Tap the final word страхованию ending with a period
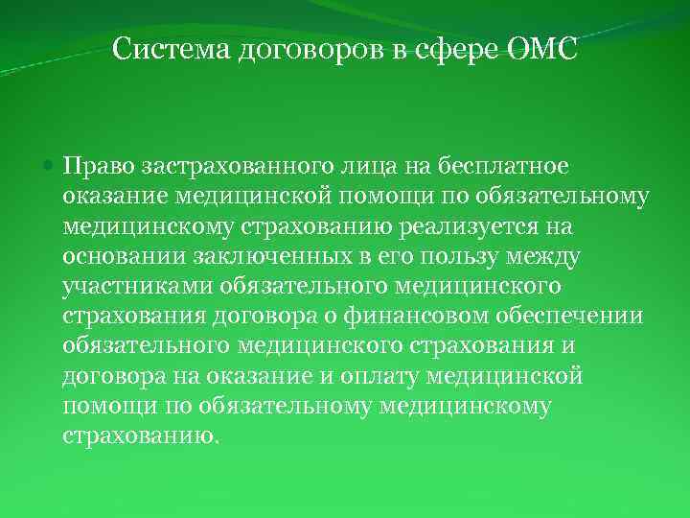[x=141, y=435]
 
